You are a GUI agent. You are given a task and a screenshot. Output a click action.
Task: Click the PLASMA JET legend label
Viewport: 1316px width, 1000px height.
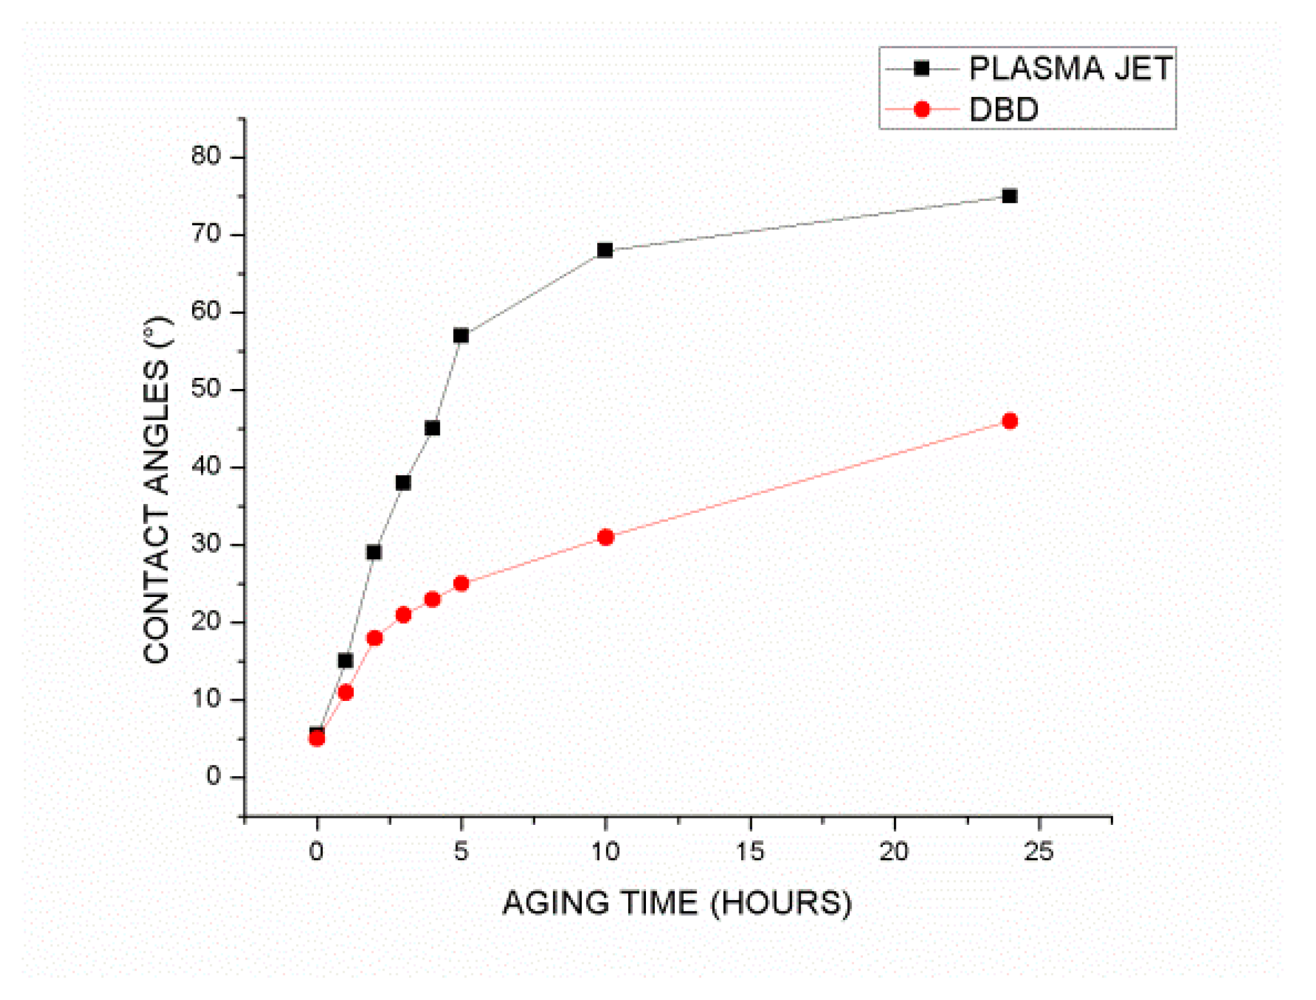click(1070, 69)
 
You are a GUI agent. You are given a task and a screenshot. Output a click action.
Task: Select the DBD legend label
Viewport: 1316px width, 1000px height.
click(1004, 109)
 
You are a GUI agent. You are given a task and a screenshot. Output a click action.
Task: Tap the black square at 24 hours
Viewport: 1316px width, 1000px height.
click(1009, 196)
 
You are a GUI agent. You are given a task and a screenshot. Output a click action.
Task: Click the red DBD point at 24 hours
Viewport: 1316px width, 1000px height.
click(1009, 421)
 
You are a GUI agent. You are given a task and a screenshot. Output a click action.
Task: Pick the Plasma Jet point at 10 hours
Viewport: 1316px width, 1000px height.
click(605, 250)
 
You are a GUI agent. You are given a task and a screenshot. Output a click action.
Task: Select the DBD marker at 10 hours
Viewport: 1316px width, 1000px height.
click(605, 538)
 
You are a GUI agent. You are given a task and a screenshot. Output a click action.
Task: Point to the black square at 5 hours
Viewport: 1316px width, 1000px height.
click(461, 335)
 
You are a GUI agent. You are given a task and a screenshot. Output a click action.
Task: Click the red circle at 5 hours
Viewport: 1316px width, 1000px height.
click(461, 583)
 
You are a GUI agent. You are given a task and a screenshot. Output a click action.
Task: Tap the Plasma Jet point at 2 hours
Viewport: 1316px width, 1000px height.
click(374, 552)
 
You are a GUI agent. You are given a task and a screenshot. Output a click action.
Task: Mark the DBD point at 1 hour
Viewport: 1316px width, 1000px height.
click(346, 692)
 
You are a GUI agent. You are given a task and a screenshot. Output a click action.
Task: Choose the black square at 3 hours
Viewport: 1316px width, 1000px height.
click(403, 483)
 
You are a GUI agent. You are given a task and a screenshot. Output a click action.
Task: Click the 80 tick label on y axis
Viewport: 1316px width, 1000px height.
click(206, 156)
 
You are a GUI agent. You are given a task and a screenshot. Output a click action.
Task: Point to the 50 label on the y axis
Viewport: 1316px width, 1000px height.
click(206, 389)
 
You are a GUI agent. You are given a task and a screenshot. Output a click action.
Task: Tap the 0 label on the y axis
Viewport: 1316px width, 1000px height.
click(213, 776)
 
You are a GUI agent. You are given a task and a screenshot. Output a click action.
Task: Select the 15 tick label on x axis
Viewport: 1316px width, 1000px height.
click(750, 852)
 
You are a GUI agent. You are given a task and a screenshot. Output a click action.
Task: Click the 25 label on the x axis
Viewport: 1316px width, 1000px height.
click(1039, 852)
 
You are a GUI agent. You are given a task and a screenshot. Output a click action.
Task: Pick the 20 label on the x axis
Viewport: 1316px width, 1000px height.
click(894, 852)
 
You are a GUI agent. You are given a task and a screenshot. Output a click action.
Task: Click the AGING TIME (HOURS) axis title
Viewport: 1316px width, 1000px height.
click(677, 903)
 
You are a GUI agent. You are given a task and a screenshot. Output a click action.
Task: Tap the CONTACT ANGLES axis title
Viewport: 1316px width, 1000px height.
click(156, 489)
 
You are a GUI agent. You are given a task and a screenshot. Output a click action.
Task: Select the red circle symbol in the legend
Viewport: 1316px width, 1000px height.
click(922, 109)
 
